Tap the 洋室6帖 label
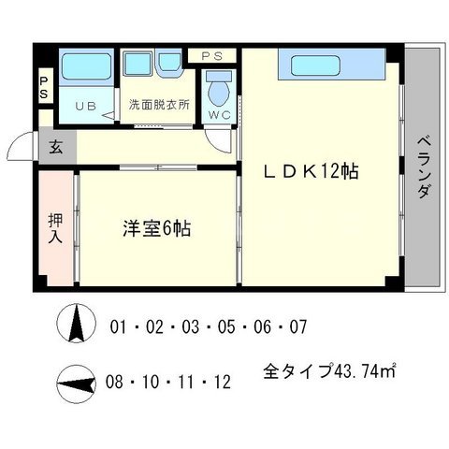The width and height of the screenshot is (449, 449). point(157,227)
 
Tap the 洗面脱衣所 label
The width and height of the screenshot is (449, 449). point(159,105)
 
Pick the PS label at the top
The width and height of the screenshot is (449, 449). point(213,56)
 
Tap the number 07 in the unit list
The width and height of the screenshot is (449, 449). point(297,328)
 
